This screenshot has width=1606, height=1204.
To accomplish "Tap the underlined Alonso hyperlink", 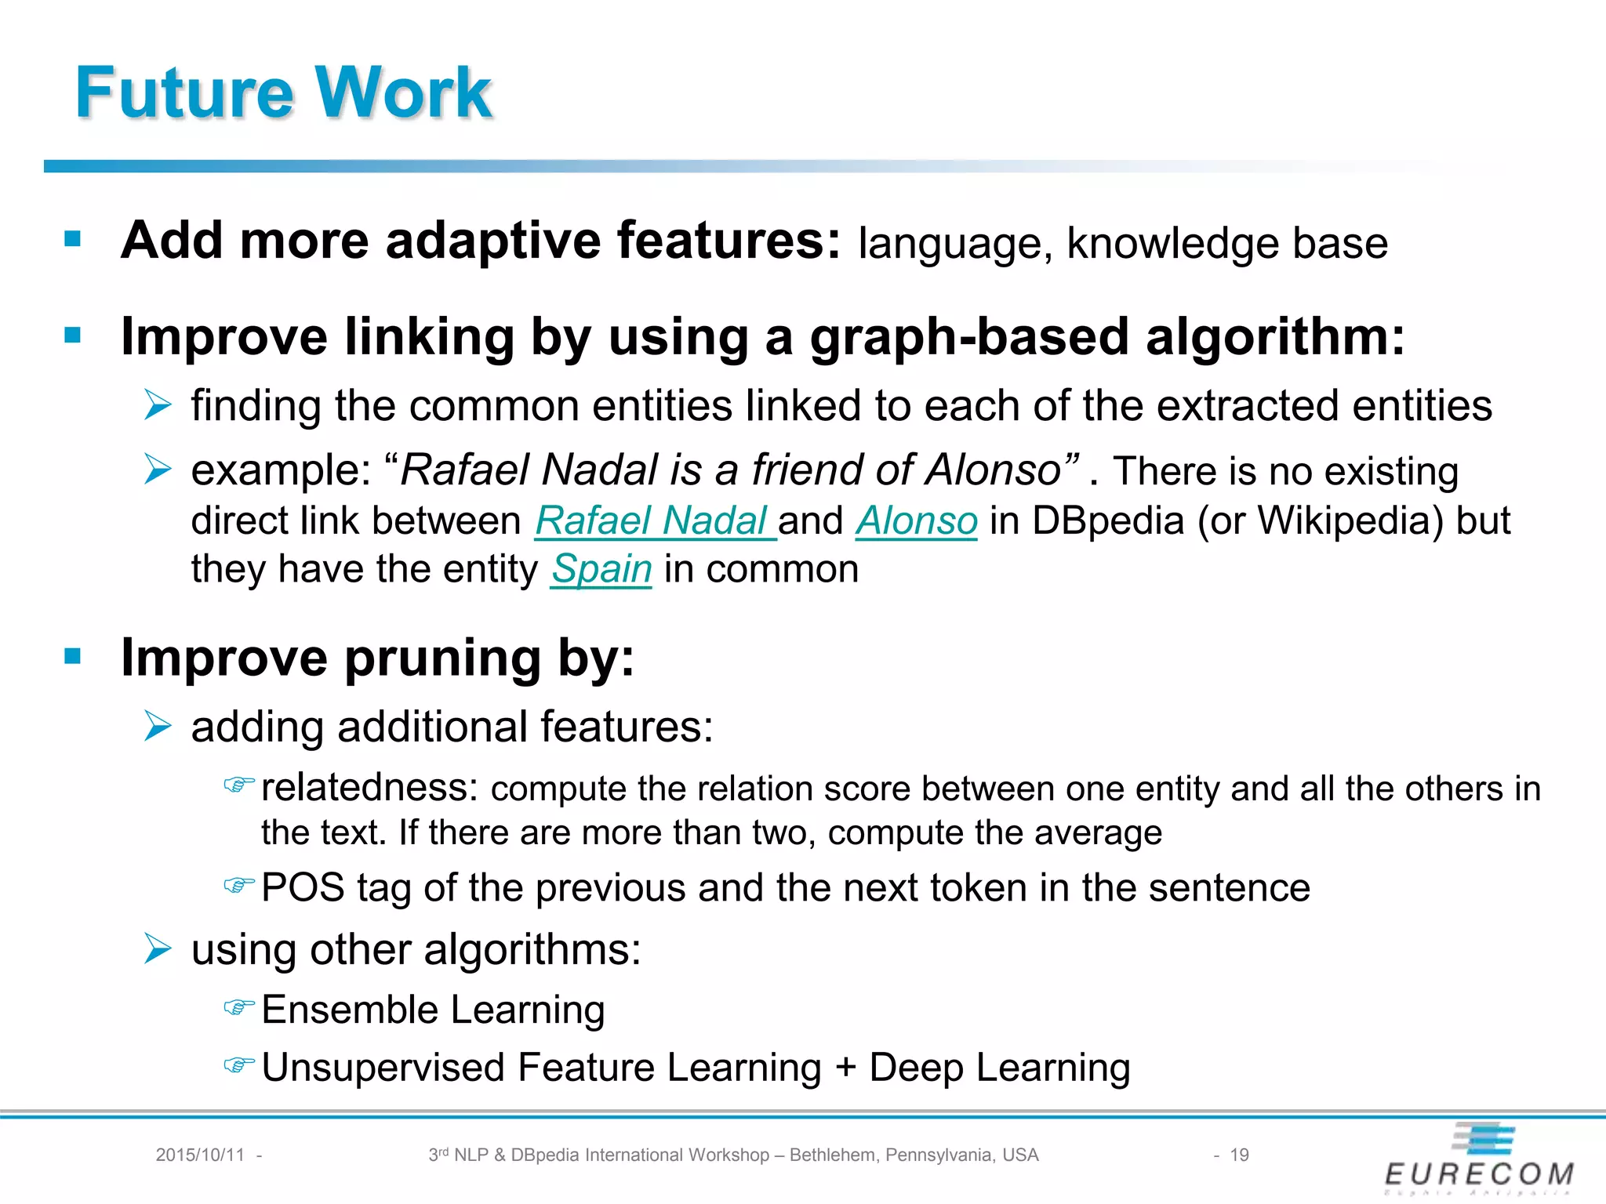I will pos(916,521).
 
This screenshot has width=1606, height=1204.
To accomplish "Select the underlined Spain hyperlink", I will pos(601,570).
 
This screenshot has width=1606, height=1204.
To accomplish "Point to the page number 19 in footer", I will pos(1239,1155).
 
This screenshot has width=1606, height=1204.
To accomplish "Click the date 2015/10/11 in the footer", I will pos(200,1155).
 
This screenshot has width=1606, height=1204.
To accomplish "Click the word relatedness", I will pos(369,788).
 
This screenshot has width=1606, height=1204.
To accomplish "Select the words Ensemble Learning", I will pos(433,1010).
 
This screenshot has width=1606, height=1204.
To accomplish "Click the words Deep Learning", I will pos(999,1068).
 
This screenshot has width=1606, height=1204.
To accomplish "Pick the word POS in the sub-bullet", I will pos(303,888).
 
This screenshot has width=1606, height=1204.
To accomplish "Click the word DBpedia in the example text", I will pos(1107,521).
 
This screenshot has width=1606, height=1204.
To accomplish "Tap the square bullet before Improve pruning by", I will pos(73,656).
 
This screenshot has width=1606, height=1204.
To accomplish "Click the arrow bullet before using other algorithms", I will pos(158,949).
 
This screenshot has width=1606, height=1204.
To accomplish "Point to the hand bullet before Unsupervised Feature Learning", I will pos(239,1065).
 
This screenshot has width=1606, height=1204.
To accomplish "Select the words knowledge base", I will pos(1227,243).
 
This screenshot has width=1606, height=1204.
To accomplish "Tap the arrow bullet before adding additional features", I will pos(158,726).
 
